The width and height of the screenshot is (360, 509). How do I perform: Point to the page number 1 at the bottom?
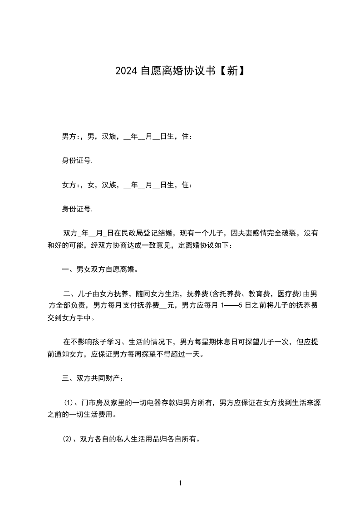(x=180, y=483)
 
